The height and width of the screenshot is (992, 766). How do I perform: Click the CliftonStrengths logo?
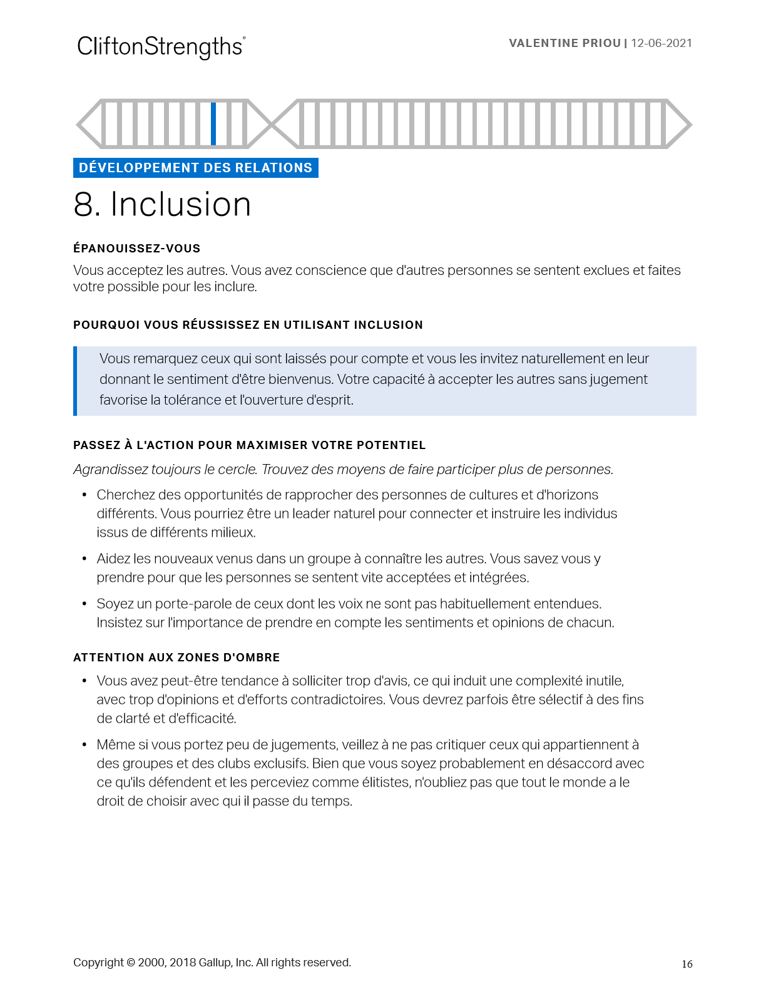pyautogui.click(x=161, y=47)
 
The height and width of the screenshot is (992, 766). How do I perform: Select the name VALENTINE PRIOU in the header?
pyautogui.click(x=564, y=43)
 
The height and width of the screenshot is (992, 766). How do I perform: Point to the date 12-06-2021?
pyautogui.click(x=661, y=43)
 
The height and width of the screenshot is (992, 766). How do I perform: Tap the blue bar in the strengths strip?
pyautogui.click(x=213, y=124)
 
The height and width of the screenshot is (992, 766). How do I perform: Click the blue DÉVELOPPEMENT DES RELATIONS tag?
pyautogui.click(x=195, y=168)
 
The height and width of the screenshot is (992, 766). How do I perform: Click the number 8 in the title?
pyautogui.click(x=84, y=205)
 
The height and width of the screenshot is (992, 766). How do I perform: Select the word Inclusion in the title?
pyautogui.click(x=181, y=205)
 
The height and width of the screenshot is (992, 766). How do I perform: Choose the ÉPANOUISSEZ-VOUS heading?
pyautogui.click(x=136, y=249)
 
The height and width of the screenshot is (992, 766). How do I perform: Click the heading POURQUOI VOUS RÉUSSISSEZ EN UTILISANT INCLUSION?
pyautogui.click(x=248, y=325)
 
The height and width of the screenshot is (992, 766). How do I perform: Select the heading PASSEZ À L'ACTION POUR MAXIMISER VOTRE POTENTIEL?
pyautogui.click(x=249, y=445)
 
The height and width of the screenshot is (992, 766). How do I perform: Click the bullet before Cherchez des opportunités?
pyautogui.click(x=84, y=495)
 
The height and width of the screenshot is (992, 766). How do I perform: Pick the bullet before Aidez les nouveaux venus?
pyautogui.click(x=84, y=559)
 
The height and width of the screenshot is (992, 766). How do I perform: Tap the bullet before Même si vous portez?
pyautogui.click(x=84, y=745)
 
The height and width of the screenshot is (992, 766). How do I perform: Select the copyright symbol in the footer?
pyautogui.click(x=131, y=963)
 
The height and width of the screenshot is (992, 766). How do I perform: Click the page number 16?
pyautogui.click(x=687, y=964)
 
